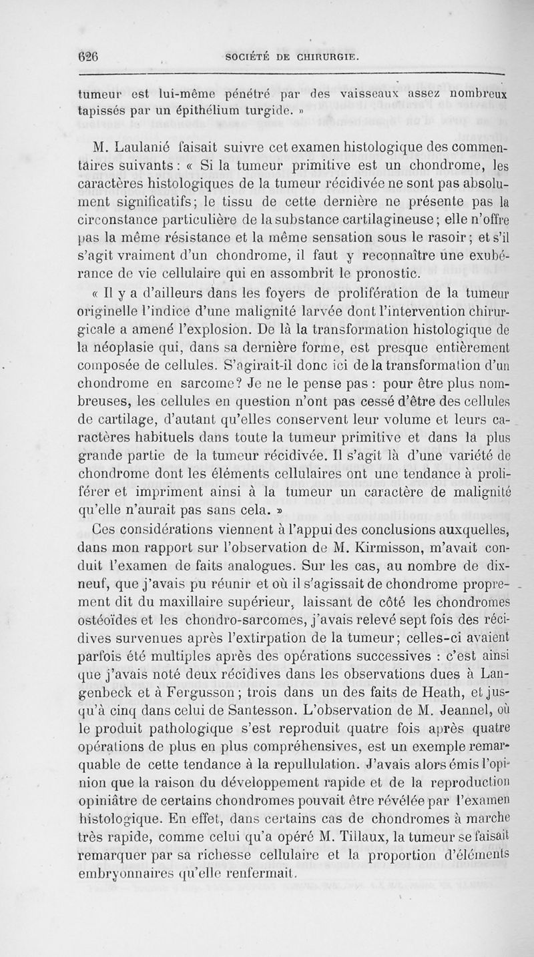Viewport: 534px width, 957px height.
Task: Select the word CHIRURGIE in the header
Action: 326,59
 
